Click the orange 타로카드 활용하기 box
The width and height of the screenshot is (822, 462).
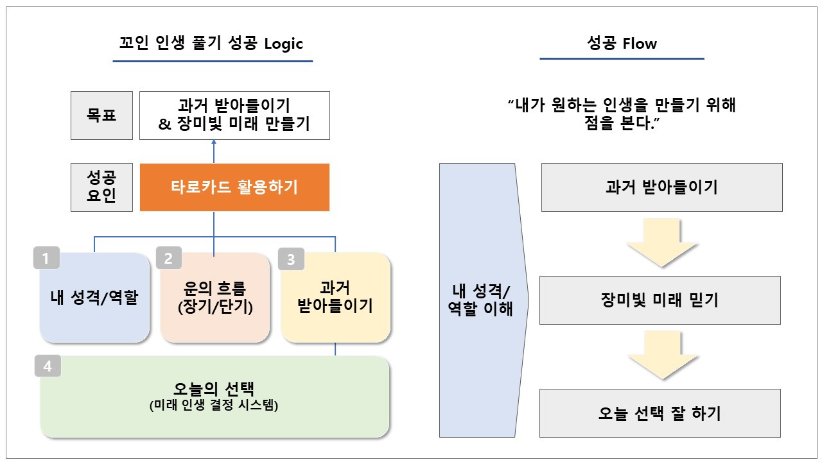click(234, 187)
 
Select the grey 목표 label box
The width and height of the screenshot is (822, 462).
click(101, 116)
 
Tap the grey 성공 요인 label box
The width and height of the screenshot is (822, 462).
click(101, 187)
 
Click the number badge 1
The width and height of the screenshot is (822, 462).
click(46, 259)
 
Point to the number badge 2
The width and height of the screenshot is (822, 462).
click(169, 259)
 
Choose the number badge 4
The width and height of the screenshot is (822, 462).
click(48, 366)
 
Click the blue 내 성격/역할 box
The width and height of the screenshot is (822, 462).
click(94, 298)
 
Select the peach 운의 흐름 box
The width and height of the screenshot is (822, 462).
click(214, 298)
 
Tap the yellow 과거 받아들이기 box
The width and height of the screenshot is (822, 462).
click(335, 298)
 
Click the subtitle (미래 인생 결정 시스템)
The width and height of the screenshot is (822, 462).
click(214, 406)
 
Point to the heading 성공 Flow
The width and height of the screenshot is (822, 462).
click(622, 44)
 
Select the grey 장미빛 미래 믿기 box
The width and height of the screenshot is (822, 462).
click(660, 300)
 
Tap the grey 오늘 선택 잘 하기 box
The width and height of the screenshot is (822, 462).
click(660, 413)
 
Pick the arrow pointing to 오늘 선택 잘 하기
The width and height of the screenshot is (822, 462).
click(660, 357)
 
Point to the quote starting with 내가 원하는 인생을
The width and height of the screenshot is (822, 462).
click(622, 114)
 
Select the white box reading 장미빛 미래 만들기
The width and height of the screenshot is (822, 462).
click(234, 116)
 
